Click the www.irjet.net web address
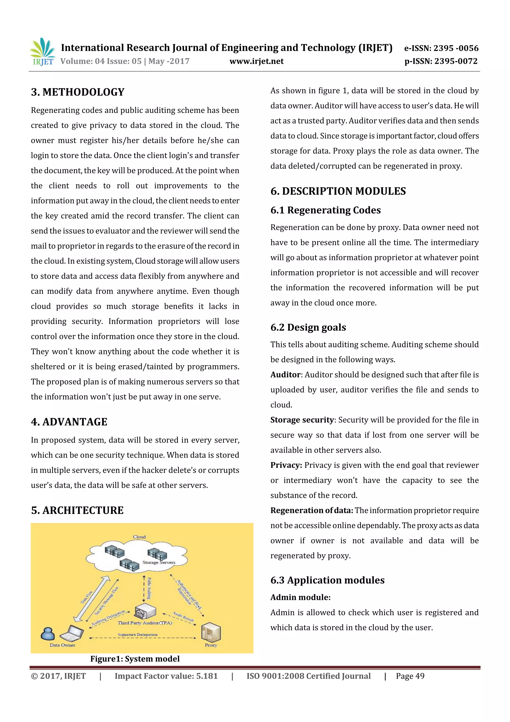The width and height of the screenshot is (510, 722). pos(256,61)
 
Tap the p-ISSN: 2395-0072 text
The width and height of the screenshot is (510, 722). pos(441,61)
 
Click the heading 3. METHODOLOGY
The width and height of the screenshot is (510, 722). pos(78,92)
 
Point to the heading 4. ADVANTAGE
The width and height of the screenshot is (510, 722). pos(69,422)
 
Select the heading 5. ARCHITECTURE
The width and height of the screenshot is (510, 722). pos(77,510)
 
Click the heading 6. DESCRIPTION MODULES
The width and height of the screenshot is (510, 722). pos(338,191)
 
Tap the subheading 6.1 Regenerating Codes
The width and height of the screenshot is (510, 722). pos(325,210)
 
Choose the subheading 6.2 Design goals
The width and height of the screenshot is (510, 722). pos(308,327)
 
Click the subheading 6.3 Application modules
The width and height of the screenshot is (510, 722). pos(327,580)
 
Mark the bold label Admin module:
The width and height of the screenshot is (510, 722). pos(300,597)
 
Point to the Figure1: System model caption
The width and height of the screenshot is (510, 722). pos(135,659)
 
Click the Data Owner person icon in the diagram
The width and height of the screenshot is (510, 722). pos(48,634)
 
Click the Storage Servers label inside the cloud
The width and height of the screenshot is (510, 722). pos(159,562)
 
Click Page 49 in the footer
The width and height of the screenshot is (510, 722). pos(410,676)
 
